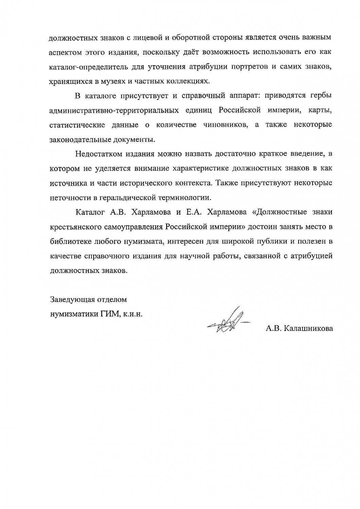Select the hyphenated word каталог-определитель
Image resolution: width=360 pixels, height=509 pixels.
[x=92, y=67]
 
